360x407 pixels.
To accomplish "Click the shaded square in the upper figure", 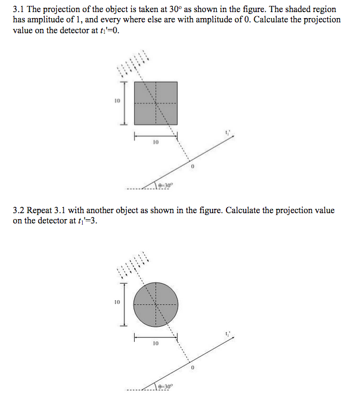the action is pyautogui.click(x=155, y=103).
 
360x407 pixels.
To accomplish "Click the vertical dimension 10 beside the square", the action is pyautogui.click(x=117, y=101).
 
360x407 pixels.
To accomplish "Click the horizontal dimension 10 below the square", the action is pyautogui.click(x=155, y=143).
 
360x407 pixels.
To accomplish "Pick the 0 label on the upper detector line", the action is pyautogui.click(x=193, y=166).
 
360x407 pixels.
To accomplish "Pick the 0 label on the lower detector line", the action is pyautogui.click(x=193, y=367).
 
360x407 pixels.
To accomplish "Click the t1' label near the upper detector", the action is pyautogui.click(x=228, y=132).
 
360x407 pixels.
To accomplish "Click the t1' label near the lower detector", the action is pyautogui.click(x=228, y=333).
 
